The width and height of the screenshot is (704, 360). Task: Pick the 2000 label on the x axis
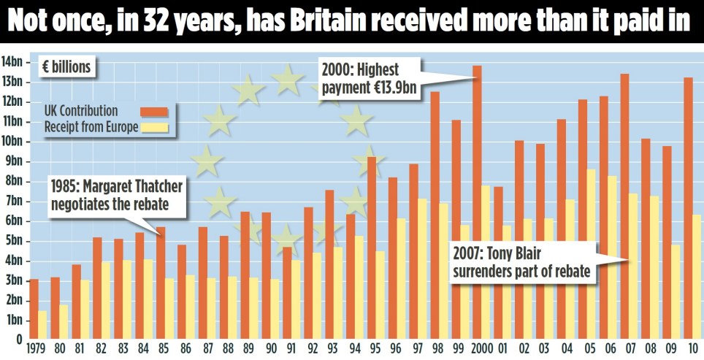click(481, 349)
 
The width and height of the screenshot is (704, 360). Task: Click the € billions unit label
click(66, 68)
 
